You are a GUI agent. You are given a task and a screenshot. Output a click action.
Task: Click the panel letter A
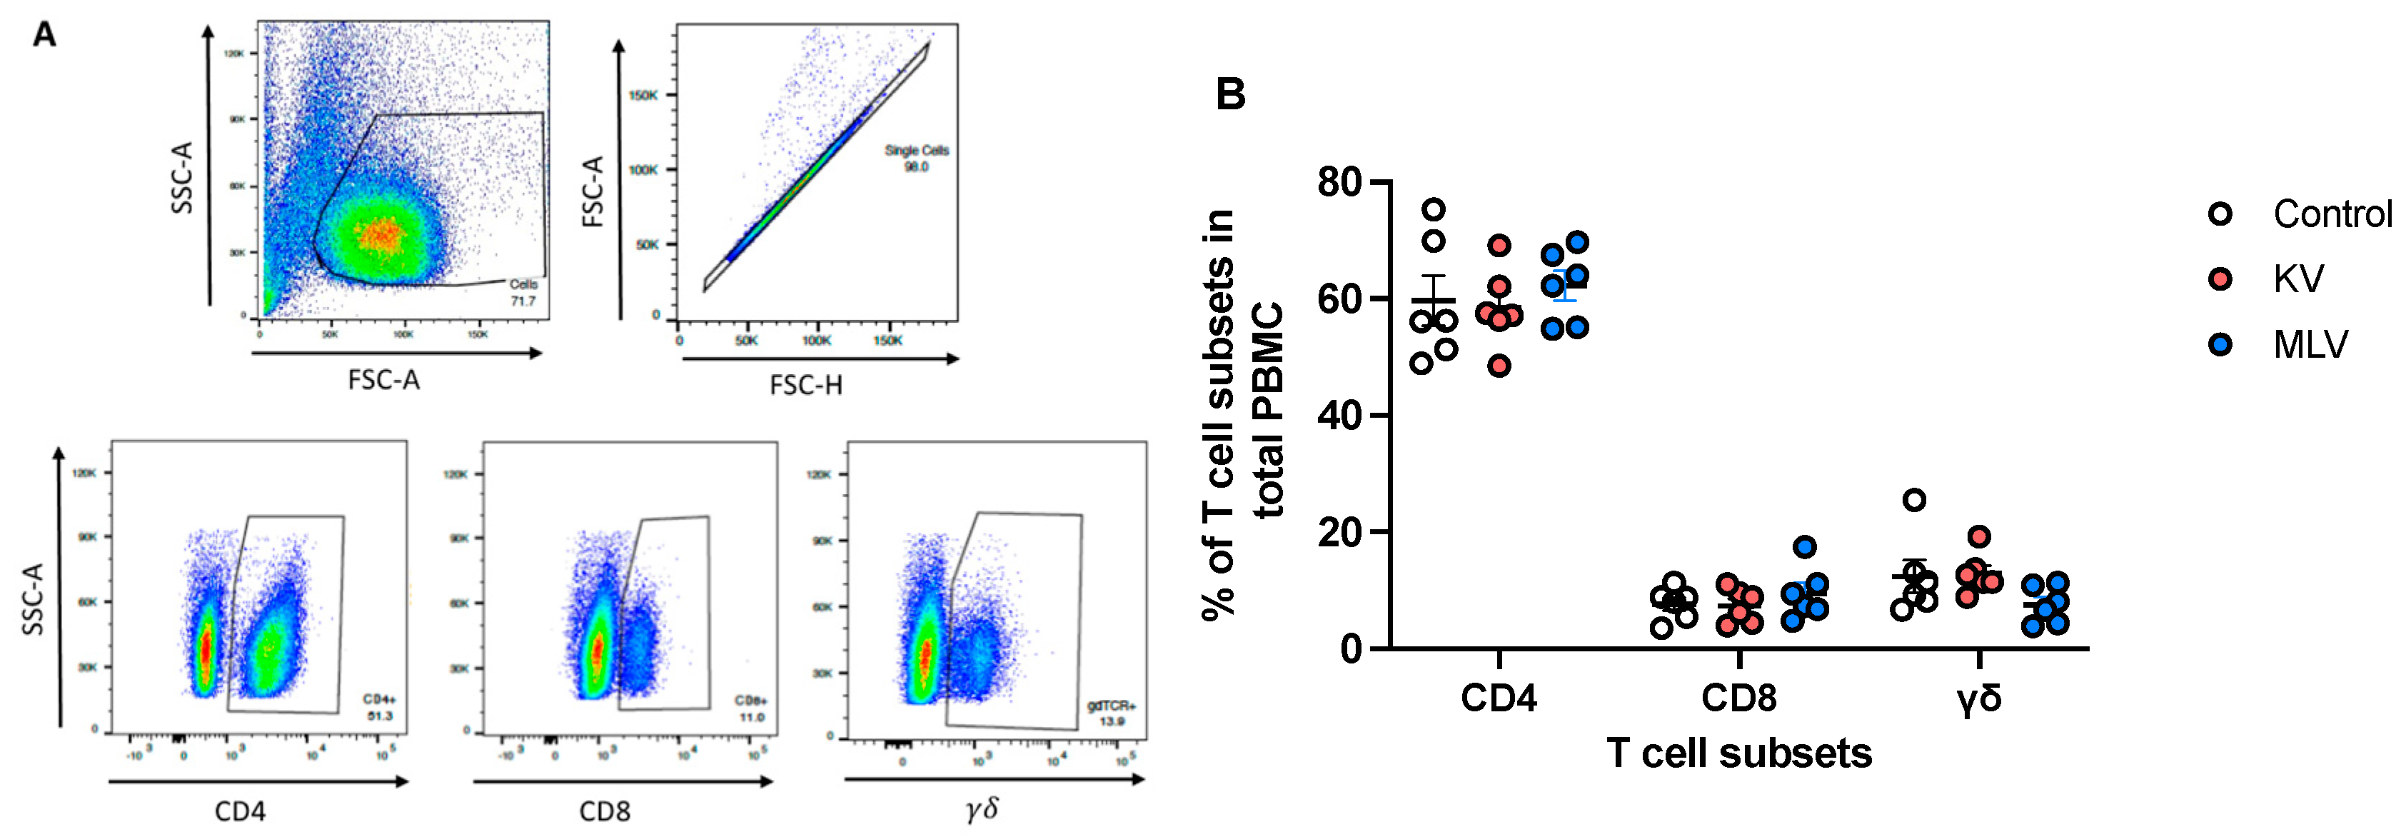tap(44, 36)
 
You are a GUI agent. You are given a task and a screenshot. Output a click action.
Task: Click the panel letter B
tap(1230, 94)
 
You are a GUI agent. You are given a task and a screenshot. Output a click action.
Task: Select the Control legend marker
tap(2220, 214)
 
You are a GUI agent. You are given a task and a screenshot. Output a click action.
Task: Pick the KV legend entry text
tap(2299, 279)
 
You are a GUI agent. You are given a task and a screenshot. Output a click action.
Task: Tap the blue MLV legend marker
tap(2220, 345)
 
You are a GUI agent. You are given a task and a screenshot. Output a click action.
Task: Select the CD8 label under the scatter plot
tap(1738, 698)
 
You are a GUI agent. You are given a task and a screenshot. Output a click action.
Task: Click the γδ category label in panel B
tap(1978, 698)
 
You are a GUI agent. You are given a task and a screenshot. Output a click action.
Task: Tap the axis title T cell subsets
tap(1738, 753)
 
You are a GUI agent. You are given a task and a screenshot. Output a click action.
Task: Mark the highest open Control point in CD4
tap(1434, 209)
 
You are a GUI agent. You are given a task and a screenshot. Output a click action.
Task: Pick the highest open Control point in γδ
tap(1915, 500)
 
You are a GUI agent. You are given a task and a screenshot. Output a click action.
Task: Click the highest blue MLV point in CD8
tap(1805, 546)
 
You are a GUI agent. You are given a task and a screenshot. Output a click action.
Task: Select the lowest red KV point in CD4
tap(1499, 365)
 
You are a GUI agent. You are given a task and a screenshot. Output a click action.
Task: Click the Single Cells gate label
tap(916, 158)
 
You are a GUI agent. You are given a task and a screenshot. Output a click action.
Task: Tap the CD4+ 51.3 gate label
tap(379, 707)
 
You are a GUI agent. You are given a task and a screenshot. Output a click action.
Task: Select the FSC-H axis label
tap(805, 385)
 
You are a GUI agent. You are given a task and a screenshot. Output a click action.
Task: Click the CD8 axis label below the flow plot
tap(604, 811)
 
